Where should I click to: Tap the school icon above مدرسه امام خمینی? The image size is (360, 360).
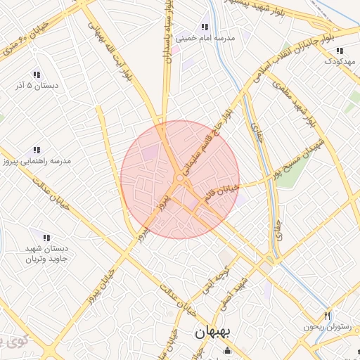pyautogui.click(x=205, y=27)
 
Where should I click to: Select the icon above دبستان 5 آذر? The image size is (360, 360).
pyautogui.click(x=36, y=75)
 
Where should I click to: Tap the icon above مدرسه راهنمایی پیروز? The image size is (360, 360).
pyautogui.click(x=36, y=150)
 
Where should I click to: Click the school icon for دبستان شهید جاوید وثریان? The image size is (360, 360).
pyautogui.click(x=46, y=238)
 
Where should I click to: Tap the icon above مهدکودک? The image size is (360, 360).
pyautogui.click(x=340, y=51)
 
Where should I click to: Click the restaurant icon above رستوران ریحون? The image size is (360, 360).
pyautogui.click(x=327, y=315)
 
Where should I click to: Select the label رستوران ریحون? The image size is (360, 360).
pyautogui.click(x=326, y=326)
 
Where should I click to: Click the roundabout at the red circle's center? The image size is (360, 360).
pyautogui.click(x=181, y=180)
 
